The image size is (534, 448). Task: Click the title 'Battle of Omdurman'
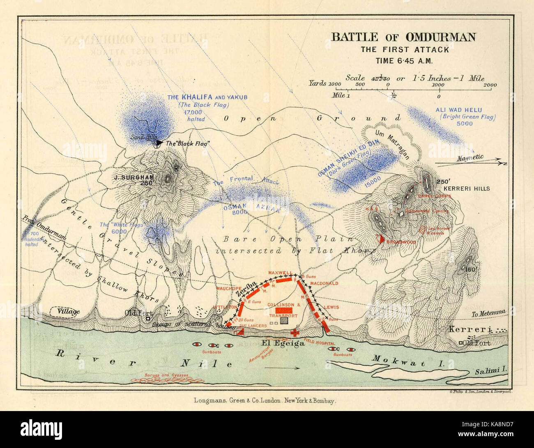click(403, 37)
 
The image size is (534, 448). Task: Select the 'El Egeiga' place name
click(283, 343)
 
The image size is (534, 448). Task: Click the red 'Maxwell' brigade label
click(280, 273)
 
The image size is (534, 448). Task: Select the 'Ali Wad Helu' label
click(459, 110)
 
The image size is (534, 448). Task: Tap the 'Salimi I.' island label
click(491, 370)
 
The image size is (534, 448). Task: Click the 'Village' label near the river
click(69, 312)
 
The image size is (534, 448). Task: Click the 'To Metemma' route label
click(489, 312)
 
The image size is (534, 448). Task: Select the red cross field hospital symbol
click(295, 333)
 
